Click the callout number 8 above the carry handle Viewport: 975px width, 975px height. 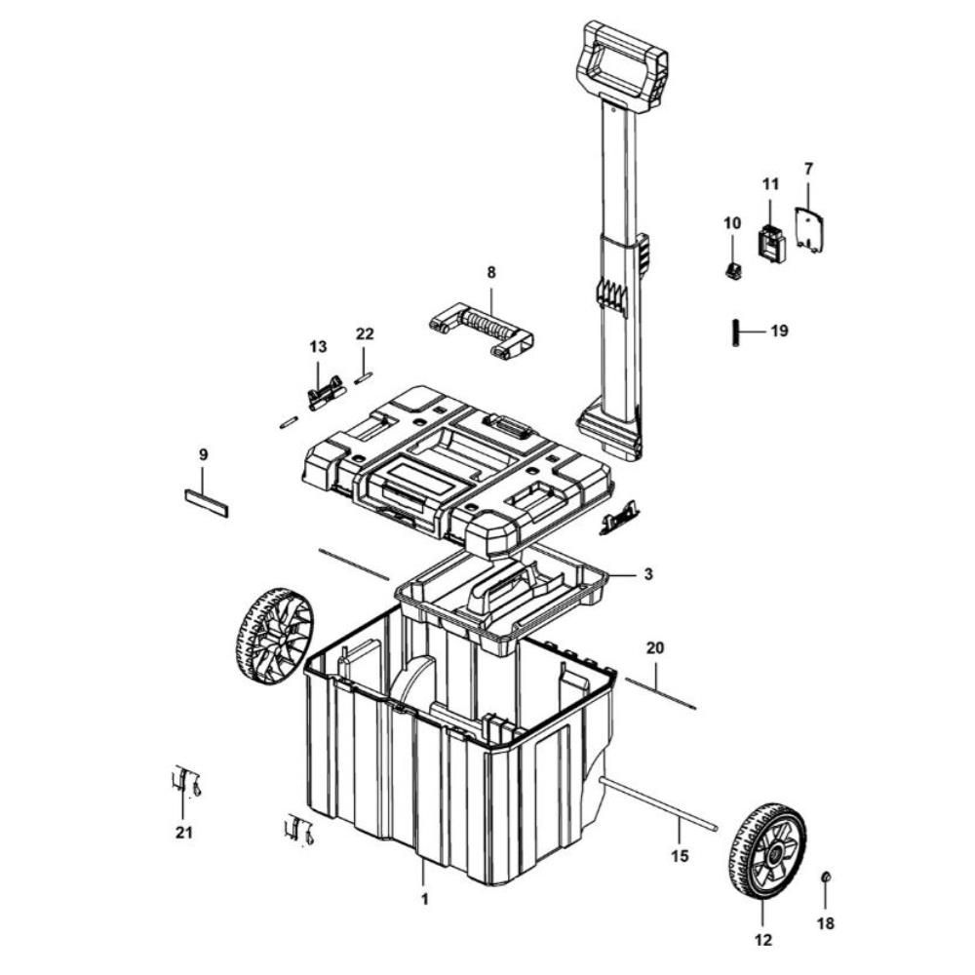click(x=490, y=273)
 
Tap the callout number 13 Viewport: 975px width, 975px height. click(x=318, y=346)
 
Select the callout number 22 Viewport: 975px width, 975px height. click(x=365, y=333)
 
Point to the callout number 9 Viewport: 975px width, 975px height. click(x=203, y=454)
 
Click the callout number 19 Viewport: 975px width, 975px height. click(x=779, y=331)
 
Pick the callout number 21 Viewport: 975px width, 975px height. click(x=183, y=832)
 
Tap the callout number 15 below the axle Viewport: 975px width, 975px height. click(x=680, y=855)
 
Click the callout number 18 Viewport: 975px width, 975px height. click(x=826, y=922)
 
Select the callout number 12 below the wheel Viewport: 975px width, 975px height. click(x=763, y=940)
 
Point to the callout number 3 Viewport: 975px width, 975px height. click(x=646, y=575)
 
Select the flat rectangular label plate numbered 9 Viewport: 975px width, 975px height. click(x=206, y=502)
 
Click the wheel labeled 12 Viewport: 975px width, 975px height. click(x=766, y=851)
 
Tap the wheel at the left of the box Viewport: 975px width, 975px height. click(x=274, y=634)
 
